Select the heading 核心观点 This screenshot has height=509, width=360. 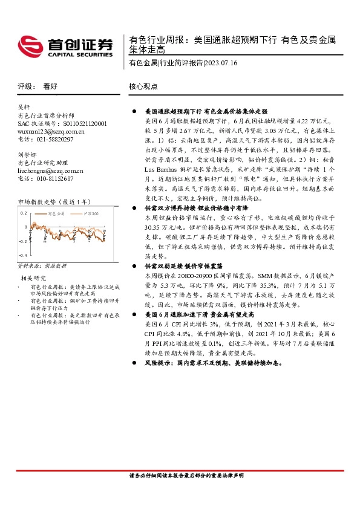143,86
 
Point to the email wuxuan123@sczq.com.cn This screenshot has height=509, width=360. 51,131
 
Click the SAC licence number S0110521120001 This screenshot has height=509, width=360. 82,123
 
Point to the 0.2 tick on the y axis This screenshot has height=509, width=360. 24,213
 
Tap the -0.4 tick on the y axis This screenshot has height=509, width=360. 23,256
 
